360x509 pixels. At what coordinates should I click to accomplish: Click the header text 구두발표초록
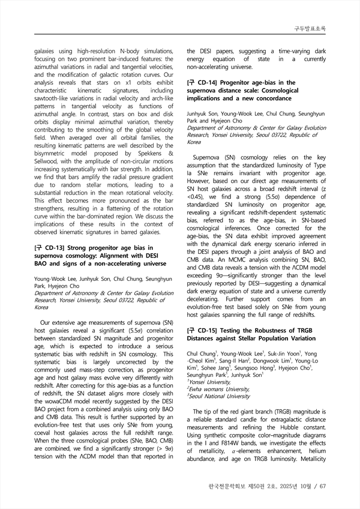309,28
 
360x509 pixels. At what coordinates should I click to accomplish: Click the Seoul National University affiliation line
220,396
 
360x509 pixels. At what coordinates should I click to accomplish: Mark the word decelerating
206,298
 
